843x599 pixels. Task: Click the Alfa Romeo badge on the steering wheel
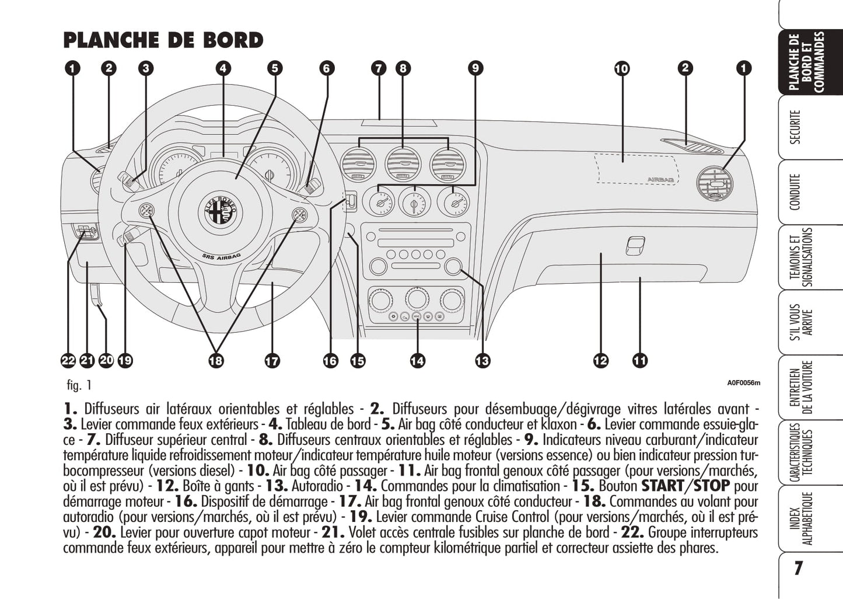click(222, 211)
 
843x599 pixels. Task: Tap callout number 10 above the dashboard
click(622, 69)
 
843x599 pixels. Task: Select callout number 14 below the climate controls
click(417, 361)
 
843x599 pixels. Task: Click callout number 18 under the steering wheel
click(216, 361)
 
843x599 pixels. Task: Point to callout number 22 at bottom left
click(68, 361)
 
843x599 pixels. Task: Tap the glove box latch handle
click(635, 245)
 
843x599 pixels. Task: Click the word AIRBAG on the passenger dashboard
click(660, 179)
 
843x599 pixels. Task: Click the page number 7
click(798, 567)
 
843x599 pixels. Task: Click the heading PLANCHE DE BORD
click(163, 40)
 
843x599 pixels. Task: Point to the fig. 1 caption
click(79, 385)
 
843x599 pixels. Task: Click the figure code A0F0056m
click(743, 383)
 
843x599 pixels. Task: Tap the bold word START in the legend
click(662, 486)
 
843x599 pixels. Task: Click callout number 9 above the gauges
click(475, 68)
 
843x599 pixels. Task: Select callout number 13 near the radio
click(482, 361)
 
